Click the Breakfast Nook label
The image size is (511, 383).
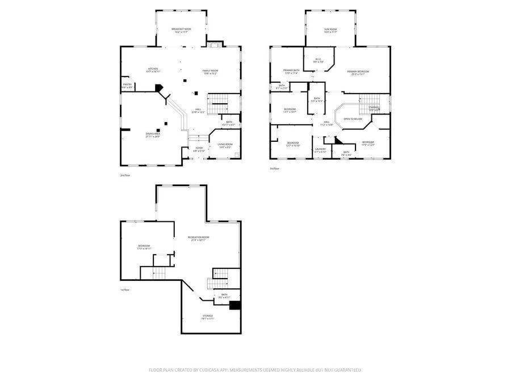point(181,30)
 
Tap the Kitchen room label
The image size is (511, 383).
point(153,70)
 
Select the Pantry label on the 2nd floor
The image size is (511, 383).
point(127,86)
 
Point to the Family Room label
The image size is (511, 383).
point(210,71)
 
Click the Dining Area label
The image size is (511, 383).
point(153,135)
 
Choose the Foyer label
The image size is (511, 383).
point(199,150)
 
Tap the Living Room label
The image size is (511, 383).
point(225,145)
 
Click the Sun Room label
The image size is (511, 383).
point(330,30)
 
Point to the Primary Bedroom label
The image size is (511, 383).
point(358,72)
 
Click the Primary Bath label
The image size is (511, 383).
point(291,71)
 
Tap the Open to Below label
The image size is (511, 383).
point(353,119)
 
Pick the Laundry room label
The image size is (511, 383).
point(320,150)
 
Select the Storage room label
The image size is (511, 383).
point(207,317)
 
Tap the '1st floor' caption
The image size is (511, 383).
point(125,290)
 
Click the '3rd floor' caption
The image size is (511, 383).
point(275,169)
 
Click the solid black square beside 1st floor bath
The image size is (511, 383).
point(235,305)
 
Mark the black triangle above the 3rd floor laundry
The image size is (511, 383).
point(336,140)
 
